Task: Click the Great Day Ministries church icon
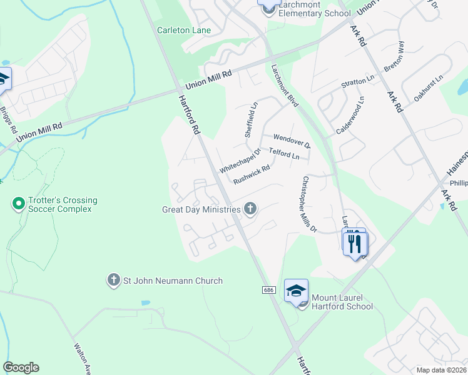pos(250,209)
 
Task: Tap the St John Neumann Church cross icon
pos(113,281)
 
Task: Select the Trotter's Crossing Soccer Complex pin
pos(19,204)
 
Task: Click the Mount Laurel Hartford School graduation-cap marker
pos(296,291)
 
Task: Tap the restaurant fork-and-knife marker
pos(354,241)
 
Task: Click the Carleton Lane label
pos(184,30)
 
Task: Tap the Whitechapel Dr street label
pos(240,161)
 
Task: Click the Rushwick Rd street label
pos(251,174)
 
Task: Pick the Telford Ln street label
pos(284,152)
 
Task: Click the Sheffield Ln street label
pos(250,120)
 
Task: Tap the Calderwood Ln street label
pos(350,114)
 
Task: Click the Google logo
pos(21,367)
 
